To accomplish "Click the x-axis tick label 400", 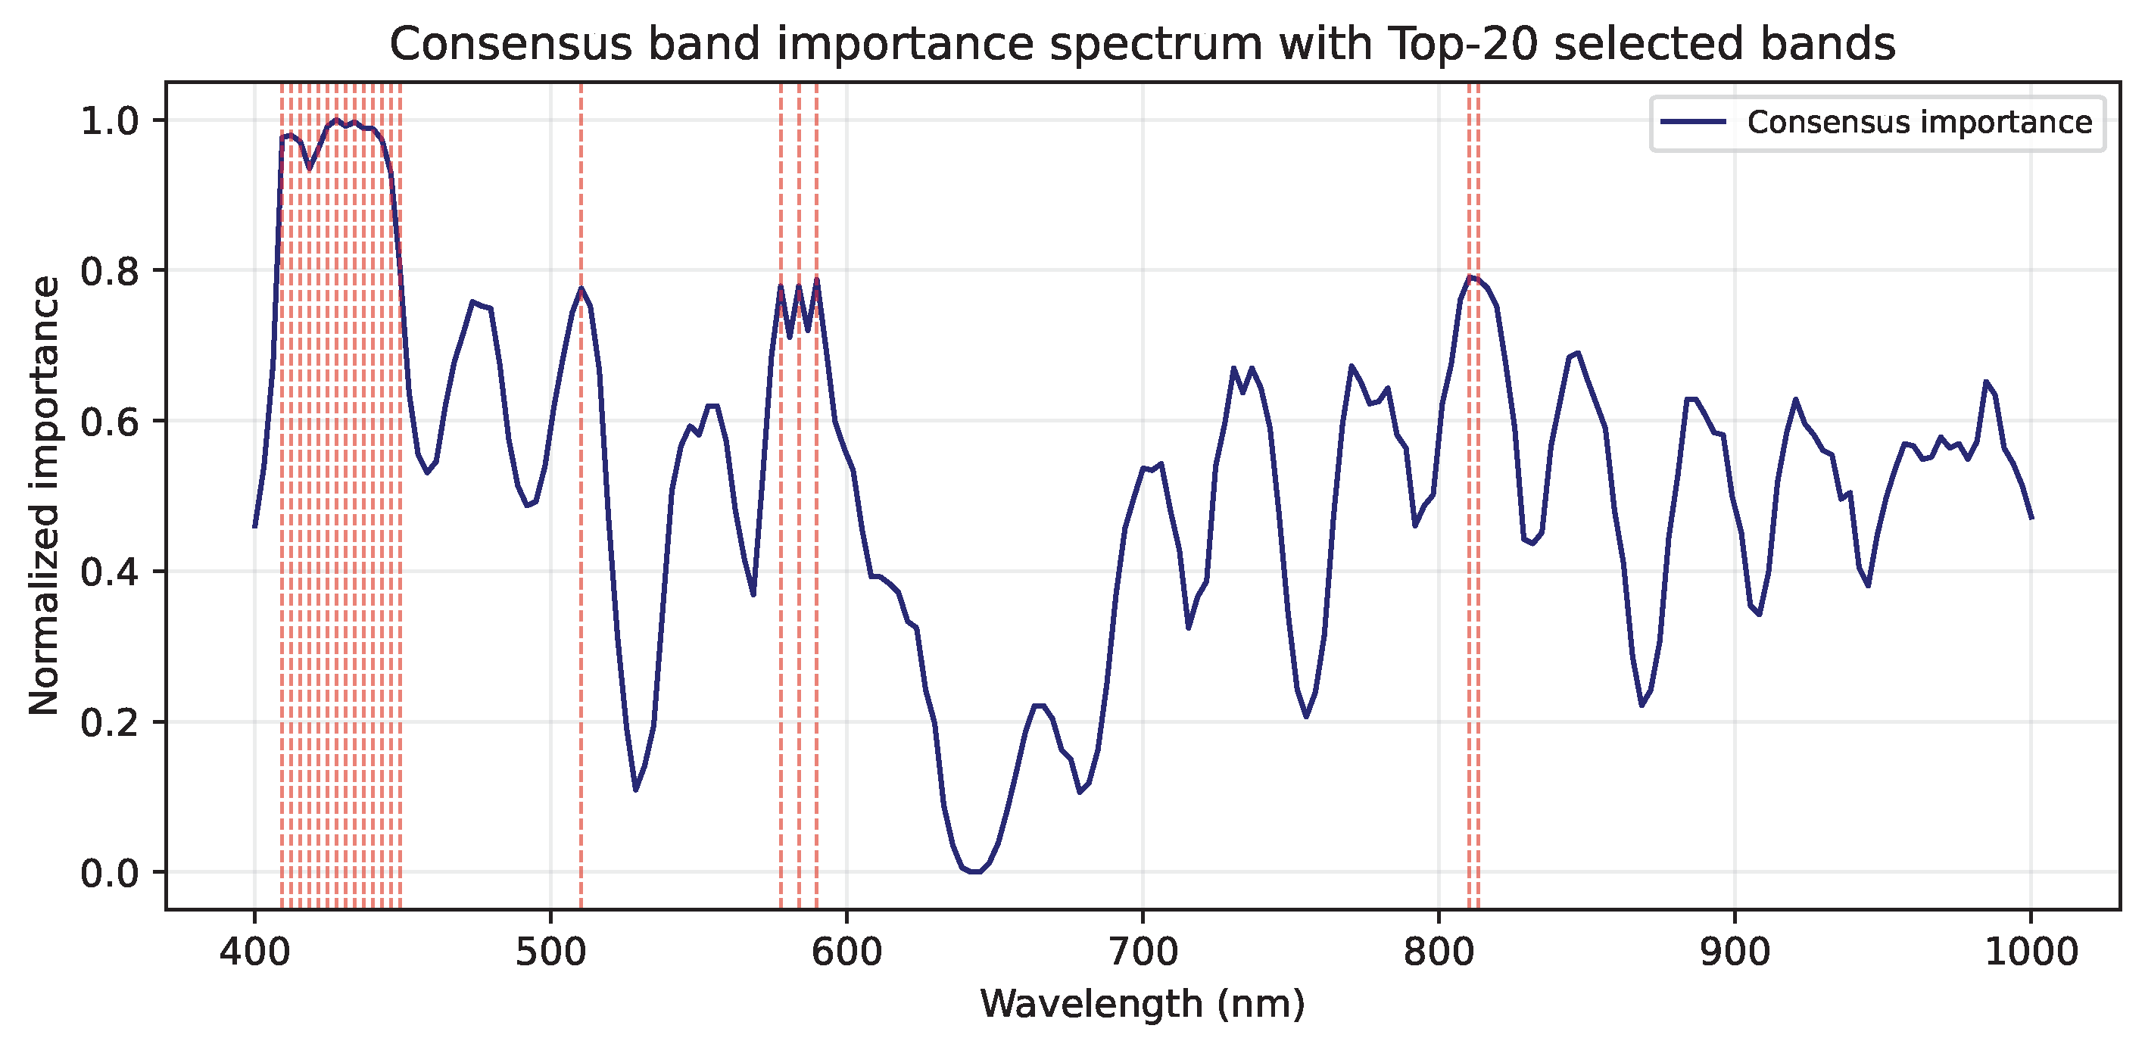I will pyautogui.click(x=254, y=952).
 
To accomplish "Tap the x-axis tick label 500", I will pyautogui.click(x=550, y=952).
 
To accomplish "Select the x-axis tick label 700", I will pyautogui.click(x=1143, y=952).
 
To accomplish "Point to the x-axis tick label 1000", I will pyautogui.click(x=2031, y=952).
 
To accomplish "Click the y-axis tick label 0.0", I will pyautogui.click(x=109, y=874).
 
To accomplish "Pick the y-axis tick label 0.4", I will pyautogui.click(x=109, y=572).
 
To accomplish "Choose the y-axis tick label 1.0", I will pyautogui.click(x=109, y=122).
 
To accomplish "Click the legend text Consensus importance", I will pyautogui.click(x=1919, y=123).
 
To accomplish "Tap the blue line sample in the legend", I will pyautogui.click(x=1693, y=123).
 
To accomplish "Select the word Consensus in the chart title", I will pyautogui.click(x=510, y=44).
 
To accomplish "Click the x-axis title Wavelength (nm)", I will pyautogui.click(x=1143, y=1004).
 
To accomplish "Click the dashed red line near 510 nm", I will pyautogui.click(x=581, y=583).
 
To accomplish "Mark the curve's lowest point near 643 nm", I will pyautogui.click(x=974, y=872).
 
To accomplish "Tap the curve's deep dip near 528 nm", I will pyautogui.click(x=635, y=790).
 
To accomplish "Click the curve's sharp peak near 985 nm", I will pyautogui.click(x=1986, y=382).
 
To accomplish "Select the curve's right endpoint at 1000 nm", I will pyautogui.click(x=2031, y=518).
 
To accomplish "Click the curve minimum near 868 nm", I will pyautogui.click(x=1641, y=706).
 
